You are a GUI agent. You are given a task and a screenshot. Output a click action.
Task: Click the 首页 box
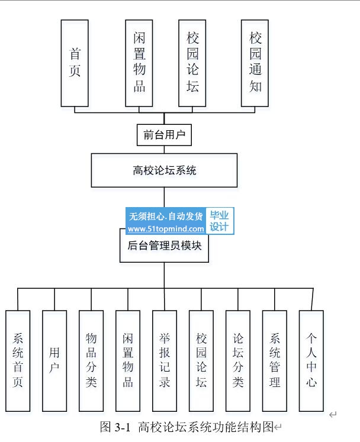click(75, 63)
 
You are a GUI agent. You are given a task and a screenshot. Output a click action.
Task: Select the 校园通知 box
click(256, 63)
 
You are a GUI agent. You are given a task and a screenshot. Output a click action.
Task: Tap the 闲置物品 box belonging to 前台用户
click(139, 63)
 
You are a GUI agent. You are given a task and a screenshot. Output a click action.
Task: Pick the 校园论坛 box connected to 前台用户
click(192, 63)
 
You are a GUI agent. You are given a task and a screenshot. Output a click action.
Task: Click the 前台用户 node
click(165, 135)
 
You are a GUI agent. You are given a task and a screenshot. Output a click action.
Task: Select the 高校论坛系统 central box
click(164, 170)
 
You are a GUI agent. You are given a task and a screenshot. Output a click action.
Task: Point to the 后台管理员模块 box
click(165, 245)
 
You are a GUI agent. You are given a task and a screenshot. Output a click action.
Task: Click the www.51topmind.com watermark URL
click(166, 229)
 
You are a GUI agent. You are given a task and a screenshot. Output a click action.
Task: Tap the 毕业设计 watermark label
click(220, 221)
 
